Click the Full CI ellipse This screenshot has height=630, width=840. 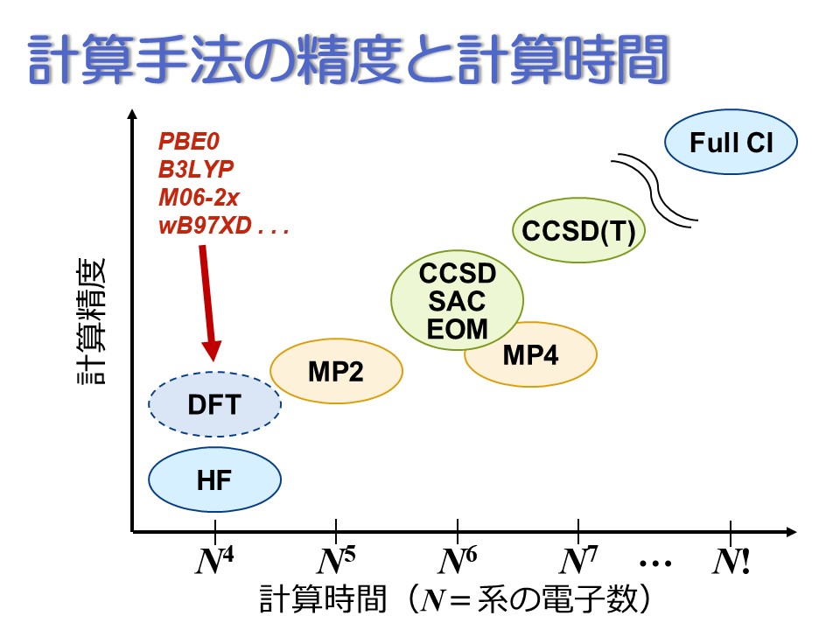coord(731,142)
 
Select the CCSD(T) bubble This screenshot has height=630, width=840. coord(578,230)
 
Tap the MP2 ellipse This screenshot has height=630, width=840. coord(336,371)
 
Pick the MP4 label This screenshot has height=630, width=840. coord(530,355)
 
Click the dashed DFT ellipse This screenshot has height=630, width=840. coord(214,404)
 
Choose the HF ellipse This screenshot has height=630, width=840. coord(214,479)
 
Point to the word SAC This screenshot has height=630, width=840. coord(457,301)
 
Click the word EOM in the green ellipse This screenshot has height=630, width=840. coord(457,328)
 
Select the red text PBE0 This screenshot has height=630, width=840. coord(189,142)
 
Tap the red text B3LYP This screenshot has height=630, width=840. coord(196,169)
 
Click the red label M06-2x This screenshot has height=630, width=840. coord(199,198)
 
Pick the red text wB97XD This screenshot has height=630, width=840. coord(205,226)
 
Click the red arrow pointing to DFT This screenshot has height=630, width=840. coord(208,304)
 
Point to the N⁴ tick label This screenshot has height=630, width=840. coord(214,561)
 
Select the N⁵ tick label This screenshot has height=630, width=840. coord(336,561)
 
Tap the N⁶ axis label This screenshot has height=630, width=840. coord(457,561)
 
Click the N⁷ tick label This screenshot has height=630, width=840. coord(578,561)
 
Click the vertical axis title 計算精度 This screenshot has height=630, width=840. coord(92,321)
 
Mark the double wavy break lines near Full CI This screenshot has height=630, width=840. coord(654,189)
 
